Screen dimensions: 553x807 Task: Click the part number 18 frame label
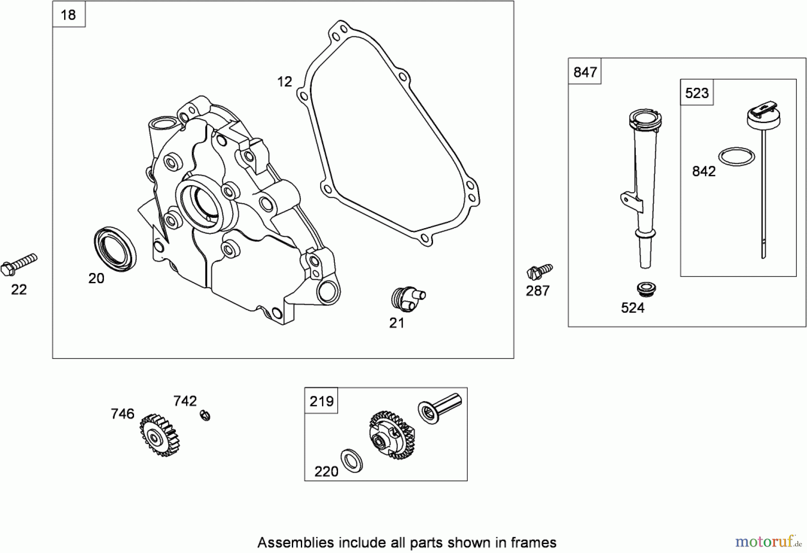[69, 15]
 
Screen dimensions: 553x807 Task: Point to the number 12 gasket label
[284, 82]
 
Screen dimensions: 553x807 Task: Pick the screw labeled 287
[539, 271]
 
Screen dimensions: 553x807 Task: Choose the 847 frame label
[585, 72]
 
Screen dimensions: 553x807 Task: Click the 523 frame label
[697, 93]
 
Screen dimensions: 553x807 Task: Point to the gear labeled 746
[159, 435]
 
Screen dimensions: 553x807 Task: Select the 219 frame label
[321, 401]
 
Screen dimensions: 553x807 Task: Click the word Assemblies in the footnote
[295, 543]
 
